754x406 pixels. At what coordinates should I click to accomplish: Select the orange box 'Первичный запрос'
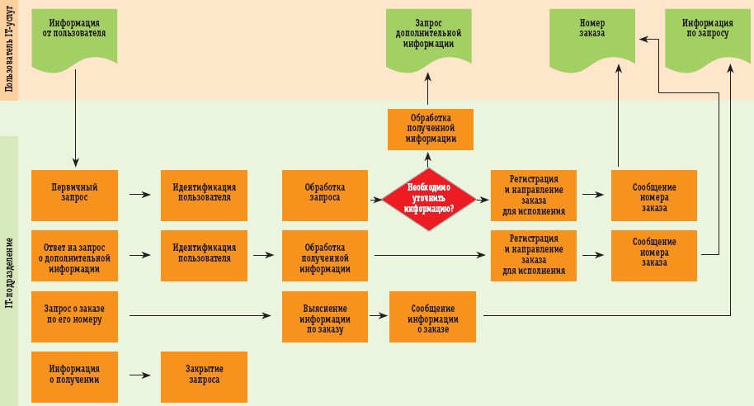point(74,195)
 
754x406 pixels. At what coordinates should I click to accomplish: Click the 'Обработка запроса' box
point(324,195)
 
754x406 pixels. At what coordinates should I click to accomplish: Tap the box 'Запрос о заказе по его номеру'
point(74,316)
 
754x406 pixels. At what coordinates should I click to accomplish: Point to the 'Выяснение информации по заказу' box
point(324,316)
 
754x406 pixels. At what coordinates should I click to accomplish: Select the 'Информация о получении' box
point(74,375)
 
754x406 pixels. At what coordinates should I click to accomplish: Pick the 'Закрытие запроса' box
point(204,375)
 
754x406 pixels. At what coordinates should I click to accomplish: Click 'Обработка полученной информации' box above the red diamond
point(431,130)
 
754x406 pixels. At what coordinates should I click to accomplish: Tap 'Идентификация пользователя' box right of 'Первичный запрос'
point(204,195)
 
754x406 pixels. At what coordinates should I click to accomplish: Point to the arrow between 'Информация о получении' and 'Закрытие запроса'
point(140,375)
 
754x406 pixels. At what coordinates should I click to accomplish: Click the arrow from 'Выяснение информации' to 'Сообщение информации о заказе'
point(377,315)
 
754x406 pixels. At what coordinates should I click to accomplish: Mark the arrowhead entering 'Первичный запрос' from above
point(75,162)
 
